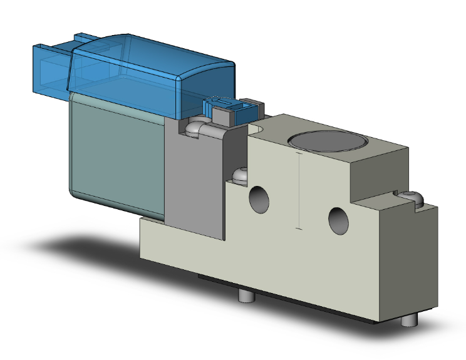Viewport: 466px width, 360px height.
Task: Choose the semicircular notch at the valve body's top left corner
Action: [257, 128]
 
